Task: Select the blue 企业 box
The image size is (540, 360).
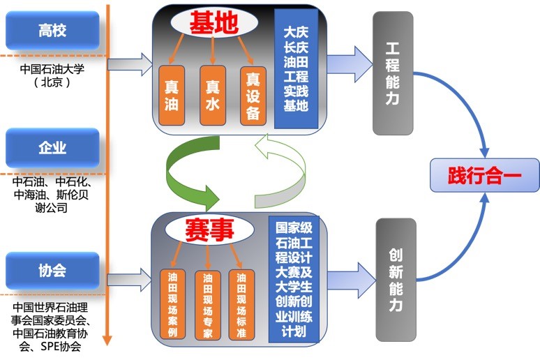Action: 53,148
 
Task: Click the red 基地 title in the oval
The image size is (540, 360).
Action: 213,23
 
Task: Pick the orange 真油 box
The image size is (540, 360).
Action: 172,96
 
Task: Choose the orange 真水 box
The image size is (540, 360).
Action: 213,96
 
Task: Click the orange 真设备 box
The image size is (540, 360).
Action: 253,96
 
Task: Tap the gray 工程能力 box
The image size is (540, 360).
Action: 393,73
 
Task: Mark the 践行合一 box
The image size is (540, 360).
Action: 484,175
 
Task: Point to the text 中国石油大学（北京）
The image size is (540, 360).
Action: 52,75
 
